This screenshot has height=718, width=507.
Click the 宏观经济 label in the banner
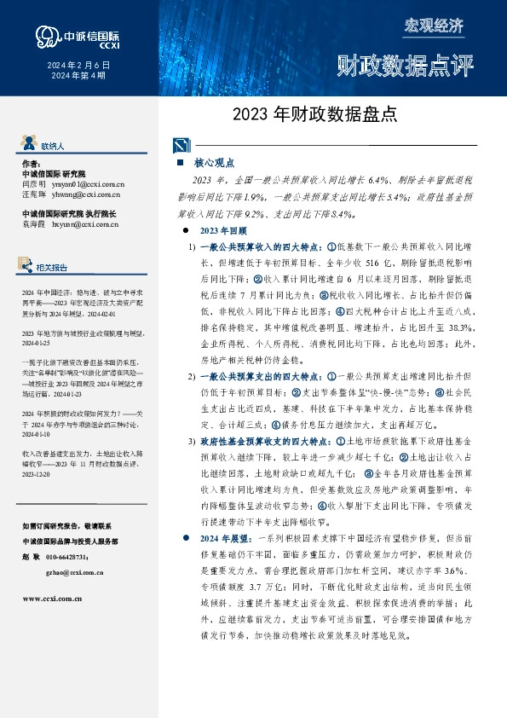click(x=433, y=26)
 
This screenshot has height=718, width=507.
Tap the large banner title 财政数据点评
click(x=404, y=65)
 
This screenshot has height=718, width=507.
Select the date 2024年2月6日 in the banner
click(x=78, y=65)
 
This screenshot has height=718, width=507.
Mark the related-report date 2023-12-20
click(x=40, y=474)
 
